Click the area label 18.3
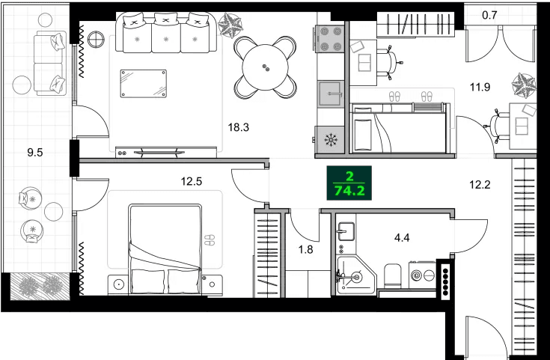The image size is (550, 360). point(238,127)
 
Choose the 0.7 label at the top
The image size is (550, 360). point(489,14)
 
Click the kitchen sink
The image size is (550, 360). point(330,94)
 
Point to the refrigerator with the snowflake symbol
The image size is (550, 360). point(330,139)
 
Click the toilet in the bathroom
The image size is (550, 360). point(390,277)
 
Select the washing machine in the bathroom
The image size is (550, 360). point(421,275)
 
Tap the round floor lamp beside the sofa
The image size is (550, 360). point(96,40)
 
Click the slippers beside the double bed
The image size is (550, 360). point(209,240)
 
